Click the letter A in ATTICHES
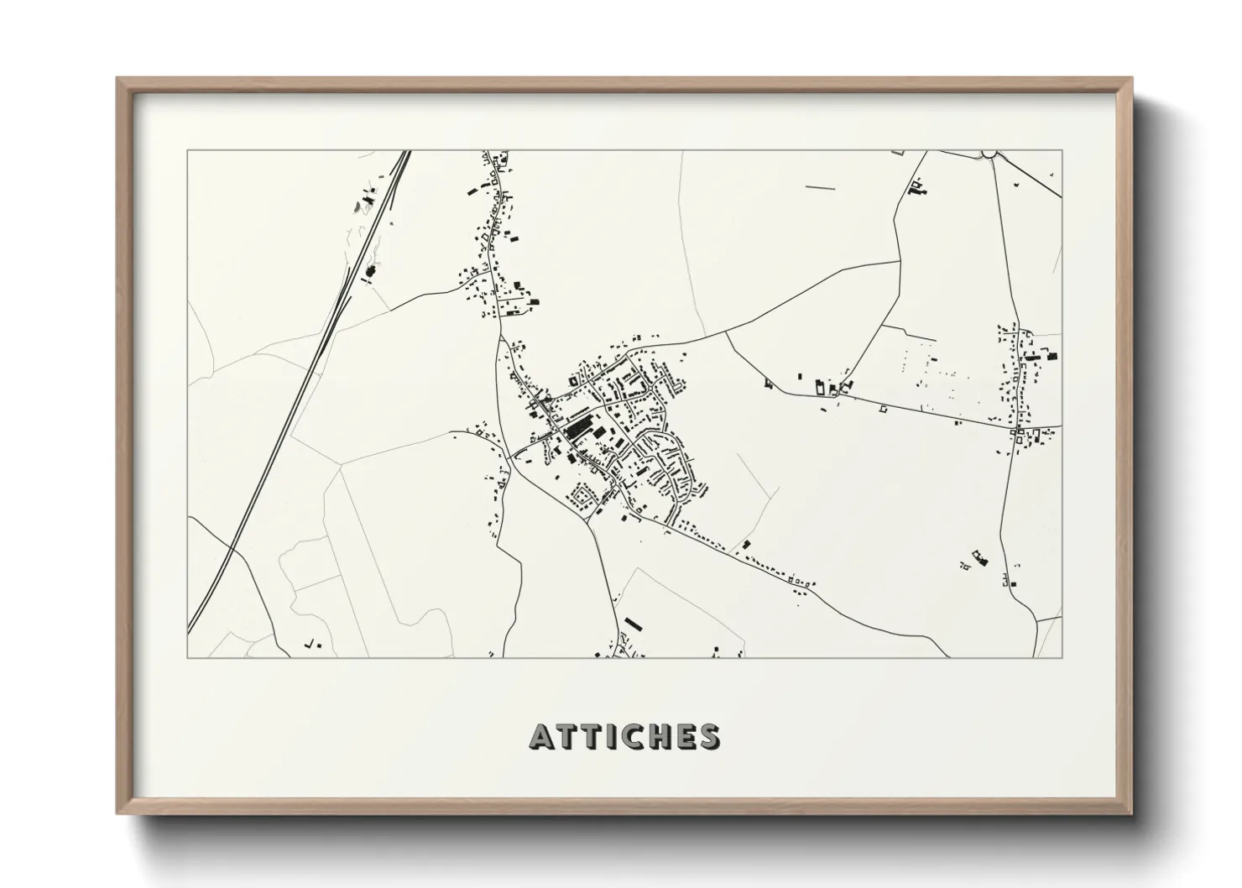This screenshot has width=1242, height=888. pyautogui.click(x=541, y=737)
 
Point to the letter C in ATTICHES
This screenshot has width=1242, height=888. pyautogui.click(x=632, y=737)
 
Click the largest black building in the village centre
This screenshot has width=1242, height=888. pyautogui.click(x=577, y=429)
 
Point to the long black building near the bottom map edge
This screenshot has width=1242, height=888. pyautogui.click(x=632, y=624)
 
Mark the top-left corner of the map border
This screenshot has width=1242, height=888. pyautogui.click(x=187, y=151)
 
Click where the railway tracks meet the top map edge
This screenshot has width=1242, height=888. pyautogui.click(x=406, y=152)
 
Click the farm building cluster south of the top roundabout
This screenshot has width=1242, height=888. pyautogui.click(x=917, y=188)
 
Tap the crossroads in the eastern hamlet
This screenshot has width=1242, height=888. pyautogui.click(x=1018, y=428)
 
